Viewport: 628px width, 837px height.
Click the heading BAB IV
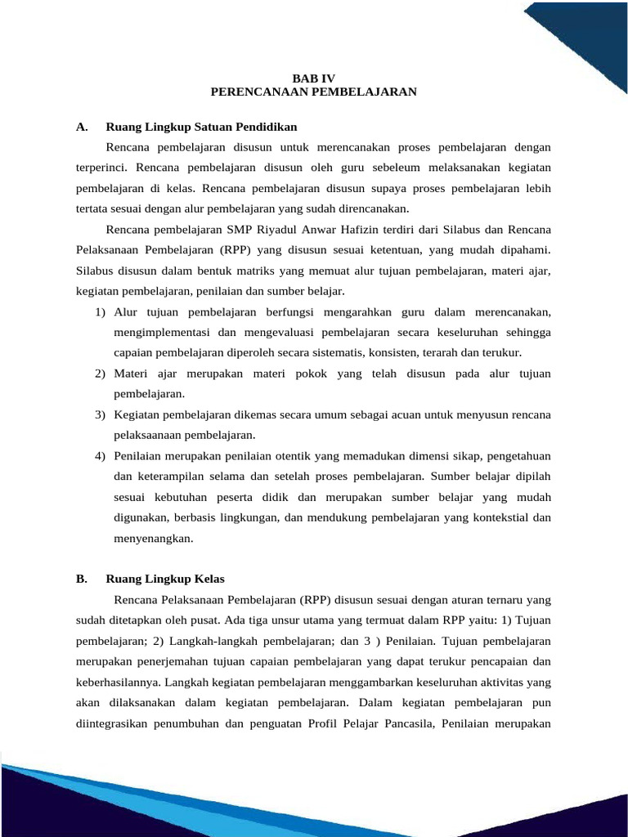[x=313, y=78]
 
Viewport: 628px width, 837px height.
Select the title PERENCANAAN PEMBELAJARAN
[x=313, y=92]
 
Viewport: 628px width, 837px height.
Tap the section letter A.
[x=81, y=127]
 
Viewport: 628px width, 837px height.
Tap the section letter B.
[x=81, y=579]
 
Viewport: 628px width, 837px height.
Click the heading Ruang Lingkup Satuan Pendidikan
[x=201, y=127]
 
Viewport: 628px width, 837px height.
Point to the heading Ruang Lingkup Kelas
[x=165, y=579]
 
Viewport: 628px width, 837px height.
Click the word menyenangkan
[x=153, y=538]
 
